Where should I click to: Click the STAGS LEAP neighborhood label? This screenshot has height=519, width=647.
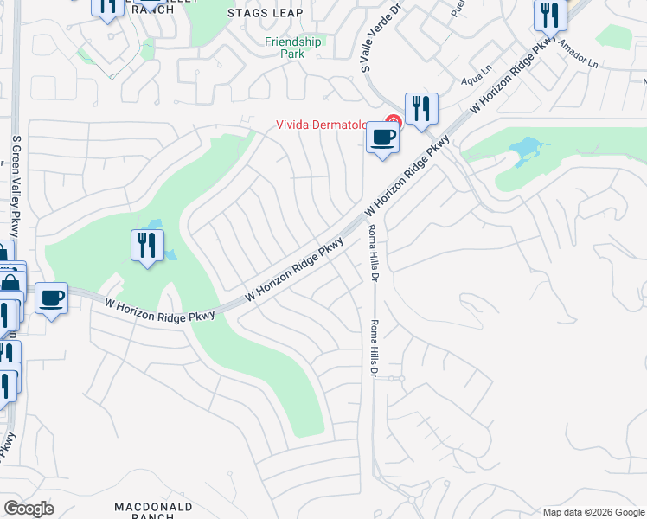pos(266,13)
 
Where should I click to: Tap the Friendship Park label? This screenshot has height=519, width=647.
pos(292,47)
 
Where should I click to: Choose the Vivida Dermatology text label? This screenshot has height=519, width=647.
pos(329,125)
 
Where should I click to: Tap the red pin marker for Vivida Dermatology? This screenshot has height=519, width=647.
pos(394,122)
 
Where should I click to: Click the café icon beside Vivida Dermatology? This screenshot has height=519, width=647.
pos(383,137)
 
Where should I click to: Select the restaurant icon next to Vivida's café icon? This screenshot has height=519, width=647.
pos(421,108)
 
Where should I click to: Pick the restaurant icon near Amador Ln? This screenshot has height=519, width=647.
pos(548,15)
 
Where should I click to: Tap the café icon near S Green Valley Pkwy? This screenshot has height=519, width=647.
pos(52,298)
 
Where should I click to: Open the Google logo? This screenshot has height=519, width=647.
pos(29,509)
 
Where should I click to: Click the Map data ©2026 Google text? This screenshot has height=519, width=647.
pos(593,512)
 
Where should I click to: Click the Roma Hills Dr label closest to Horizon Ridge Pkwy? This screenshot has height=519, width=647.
pos(374,253)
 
